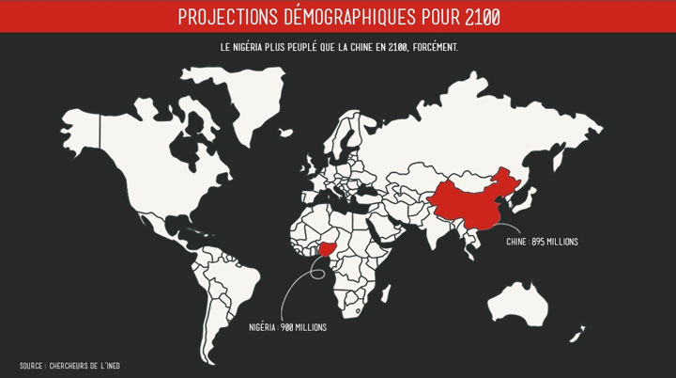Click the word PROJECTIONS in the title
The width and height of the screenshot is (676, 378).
coord(224,16)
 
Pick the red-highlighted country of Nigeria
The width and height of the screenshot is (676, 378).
coord(326,248)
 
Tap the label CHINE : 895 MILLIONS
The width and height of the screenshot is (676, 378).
coord(542,243)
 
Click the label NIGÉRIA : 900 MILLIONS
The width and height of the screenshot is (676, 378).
coord(288,327)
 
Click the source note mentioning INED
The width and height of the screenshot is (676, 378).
coord(64,366)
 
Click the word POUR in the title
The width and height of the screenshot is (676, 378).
coord(432,16)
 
